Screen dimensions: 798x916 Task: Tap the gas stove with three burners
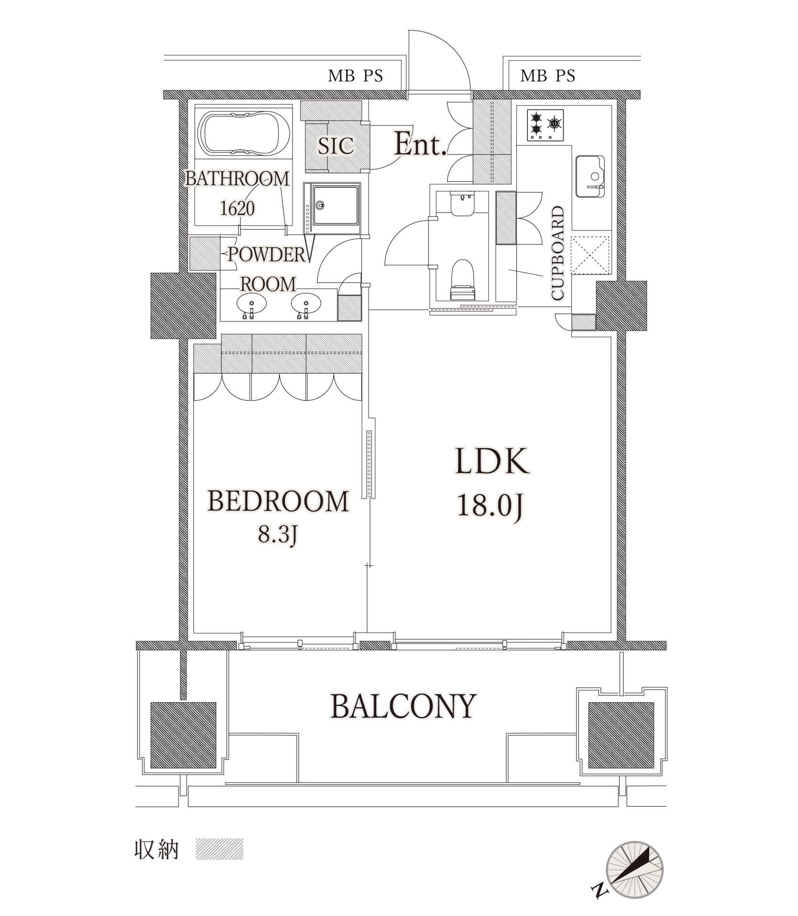(x=545, y=125)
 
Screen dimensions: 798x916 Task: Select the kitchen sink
(x=590, y=176)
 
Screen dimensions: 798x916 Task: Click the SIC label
(x=336, y=146)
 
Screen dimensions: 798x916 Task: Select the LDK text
(x=492, y=460)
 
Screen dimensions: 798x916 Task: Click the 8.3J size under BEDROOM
(x=278, y=535)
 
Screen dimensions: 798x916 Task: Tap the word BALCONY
(x=403, y=706)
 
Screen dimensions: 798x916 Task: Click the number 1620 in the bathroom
(x=237, y=208)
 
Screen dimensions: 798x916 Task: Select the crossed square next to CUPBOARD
(x=591, y=255)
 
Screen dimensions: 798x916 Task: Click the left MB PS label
(x=356, y=76)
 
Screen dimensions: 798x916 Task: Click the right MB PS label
(x=547, y=76)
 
